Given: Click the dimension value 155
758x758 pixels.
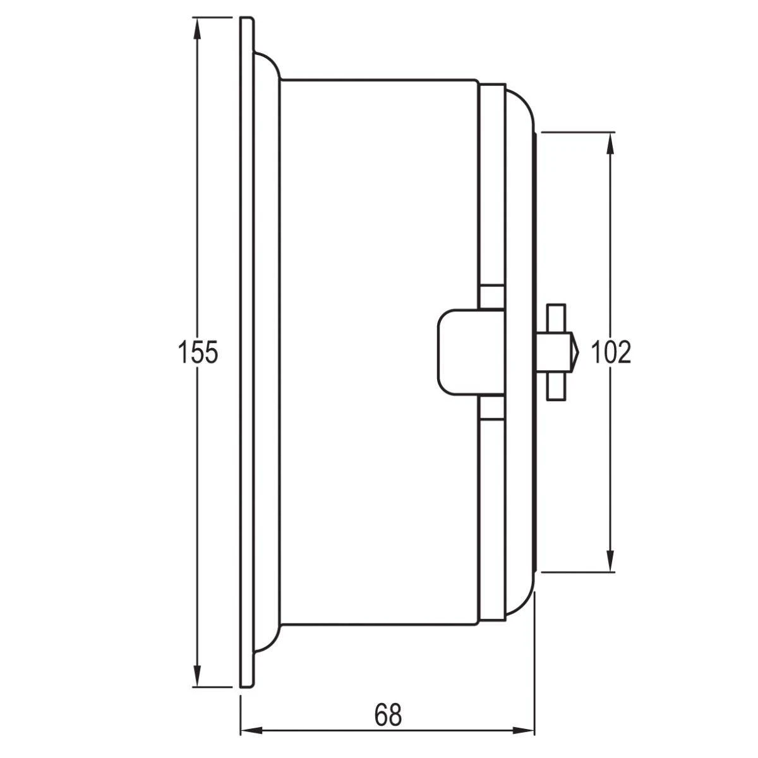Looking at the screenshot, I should point(197,352).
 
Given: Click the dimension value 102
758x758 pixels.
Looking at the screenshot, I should point(610,352).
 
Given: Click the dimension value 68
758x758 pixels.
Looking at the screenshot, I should point(387,715).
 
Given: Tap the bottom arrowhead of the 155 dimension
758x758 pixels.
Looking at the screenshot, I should point(198,677).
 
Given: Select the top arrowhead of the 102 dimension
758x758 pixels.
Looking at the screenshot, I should point(610,141).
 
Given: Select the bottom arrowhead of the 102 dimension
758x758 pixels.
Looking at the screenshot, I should point(610,562).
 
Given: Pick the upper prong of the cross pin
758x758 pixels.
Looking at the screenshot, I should point(555,316).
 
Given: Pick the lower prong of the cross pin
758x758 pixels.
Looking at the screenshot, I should point(555,388).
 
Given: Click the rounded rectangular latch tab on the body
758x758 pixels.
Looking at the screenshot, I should point(458,352).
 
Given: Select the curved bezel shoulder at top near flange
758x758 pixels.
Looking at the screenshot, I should point(270,63).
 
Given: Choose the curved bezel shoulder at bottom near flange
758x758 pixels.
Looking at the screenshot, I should point(270,641).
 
